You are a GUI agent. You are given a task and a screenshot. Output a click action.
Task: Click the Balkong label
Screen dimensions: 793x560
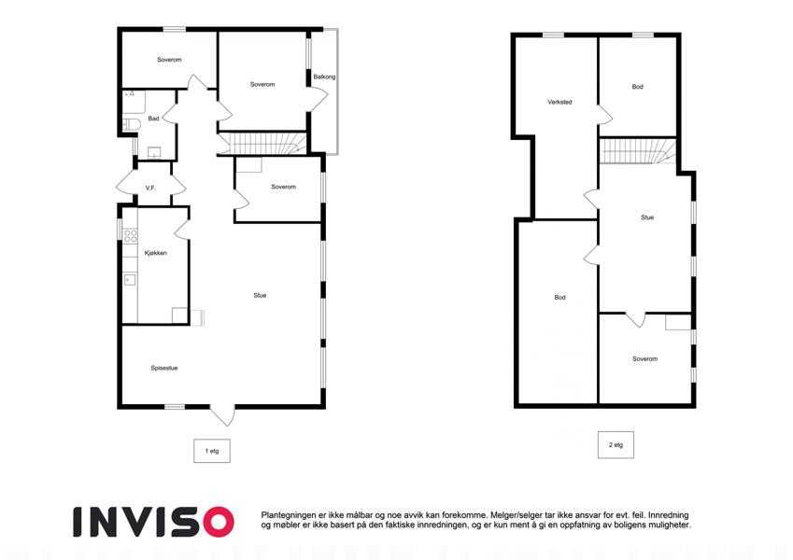[324, 77]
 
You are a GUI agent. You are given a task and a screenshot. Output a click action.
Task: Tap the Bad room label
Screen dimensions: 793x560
[153, 119]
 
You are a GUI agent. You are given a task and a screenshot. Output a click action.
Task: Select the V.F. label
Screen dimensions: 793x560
[150, 188]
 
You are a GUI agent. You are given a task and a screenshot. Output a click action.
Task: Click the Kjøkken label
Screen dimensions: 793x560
[155, 253]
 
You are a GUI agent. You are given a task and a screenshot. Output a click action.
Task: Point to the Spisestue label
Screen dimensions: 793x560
[163, 368]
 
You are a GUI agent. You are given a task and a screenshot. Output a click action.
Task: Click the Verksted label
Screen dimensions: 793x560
[559, 102]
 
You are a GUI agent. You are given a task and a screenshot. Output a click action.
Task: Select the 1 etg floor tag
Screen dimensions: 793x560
[212, 451]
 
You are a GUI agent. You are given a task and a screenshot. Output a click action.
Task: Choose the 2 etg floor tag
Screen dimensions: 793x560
[616, 445]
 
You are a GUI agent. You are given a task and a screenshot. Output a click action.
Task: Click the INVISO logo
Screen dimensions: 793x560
[153, 522]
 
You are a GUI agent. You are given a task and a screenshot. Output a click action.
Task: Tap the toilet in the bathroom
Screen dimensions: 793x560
[132, 124]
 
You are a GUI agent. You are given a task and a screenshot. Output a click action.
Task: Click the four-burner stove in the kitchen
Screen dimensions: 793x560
[131, 236]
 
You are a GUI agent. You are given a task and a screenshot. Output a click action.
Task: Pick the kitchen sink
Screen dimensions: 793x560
[130, 279]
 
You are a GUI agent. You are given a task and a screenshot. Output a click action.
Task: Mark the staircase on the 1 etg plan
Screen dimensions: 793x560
[262, 143]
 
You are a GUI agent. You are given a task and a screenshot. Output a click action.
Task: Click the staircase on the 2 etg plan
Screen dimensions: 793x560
[638, 150]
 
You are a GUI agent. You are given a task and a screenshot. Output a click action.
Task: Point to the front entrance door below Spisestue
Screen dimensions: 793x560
[222, 415]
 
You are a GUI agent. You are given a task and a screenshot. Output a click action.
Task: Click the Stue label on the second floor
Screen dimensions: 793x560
[647, 217]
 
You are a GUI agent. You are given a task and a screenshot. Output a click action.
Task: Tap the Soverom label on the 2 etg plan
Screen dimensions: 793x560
[644, 358]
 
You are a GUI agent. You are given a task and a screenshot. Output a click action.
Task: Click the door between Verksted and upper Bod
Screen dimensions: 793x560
[605, 114]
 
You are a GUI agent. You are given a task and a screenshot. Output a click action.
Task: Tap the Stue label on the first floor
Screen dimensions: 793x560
[260, 295]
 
